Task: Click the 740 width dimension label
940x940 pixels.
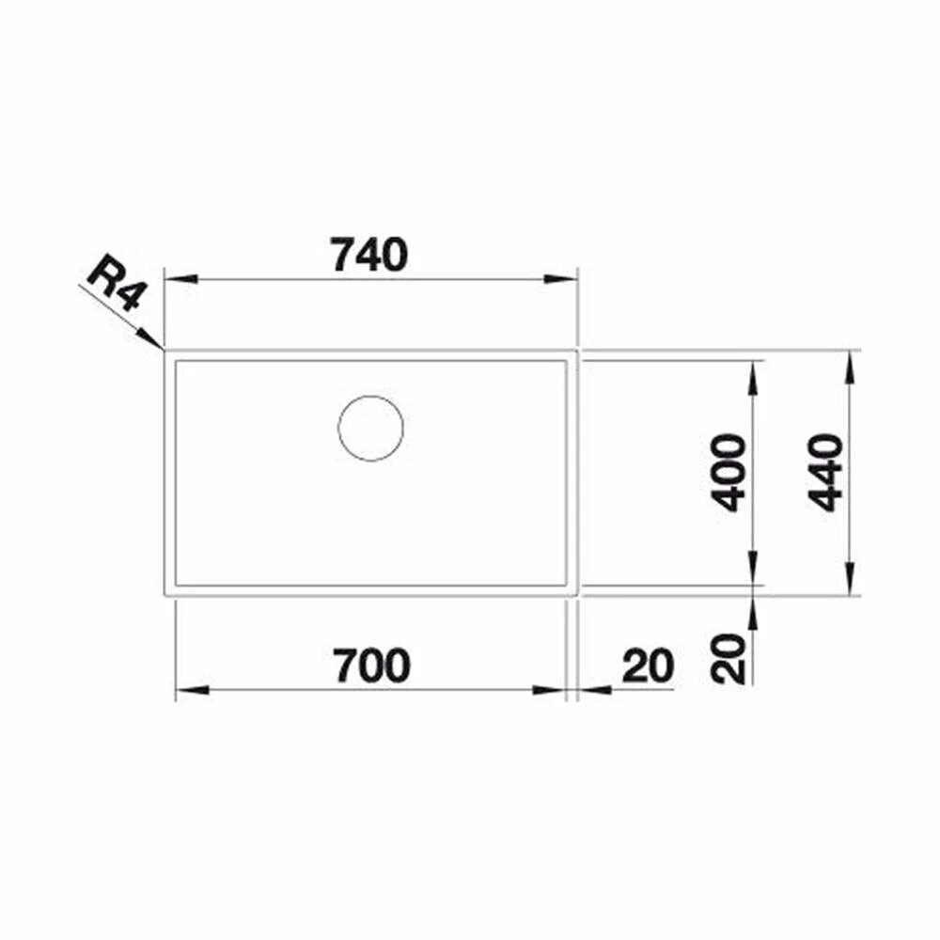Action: click(x=369, y=255)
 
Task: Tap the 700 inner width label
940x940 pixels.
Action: click(x=372, y=666)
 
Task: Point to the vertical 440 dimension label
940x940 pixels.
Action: click(x=826, y=473)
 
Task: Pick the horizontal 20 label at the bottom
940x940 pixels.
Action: click(x=648, y=666)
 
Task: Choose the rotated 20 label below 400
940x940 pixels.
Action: click(x=728, y=659)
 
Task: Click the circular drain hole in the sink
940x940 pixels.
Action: click(x=370, y=429)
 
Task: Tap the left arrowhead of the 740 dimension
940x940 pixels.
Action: click(x=181, y=279)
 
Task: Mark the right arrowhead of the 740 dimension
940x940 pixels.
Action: click(x=559, y=279)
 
